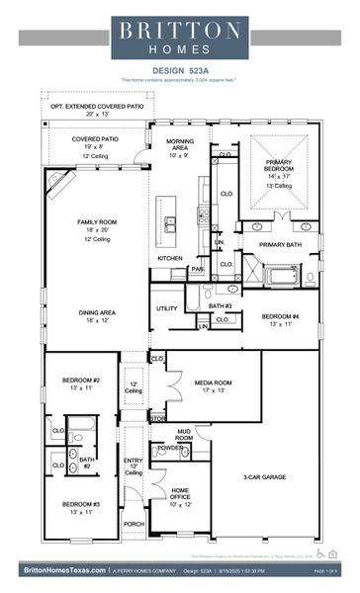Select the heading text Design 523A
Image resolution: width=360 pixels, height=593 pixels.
[180, 70]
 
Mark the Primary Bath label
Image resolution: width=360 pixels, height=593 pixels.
[282, 244]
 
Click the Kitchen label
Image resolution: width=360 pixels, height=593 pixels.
[170, 259]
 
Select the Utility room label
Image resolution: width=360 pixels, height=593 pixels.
[166, 308]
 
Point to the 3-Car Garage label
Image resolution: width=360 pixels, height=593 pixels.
[265, 476]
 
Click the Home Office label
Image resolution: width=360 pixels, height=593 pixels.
[180, 491]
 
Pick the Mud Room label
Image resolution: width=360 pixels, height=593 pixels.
[184, 433]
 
